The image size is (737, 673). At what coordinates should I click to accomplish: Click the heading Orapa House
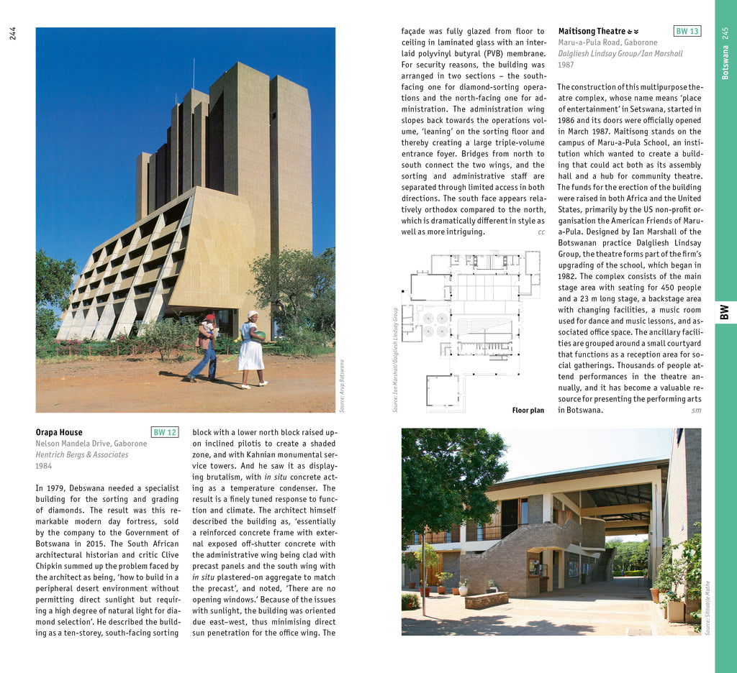click(x=59, y=432)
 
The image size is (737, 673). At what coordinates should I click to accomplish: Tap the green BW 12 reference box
click(x=165, y=432)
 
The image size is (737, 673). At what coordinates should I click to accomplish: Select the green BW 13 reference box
click(x=687, y=31)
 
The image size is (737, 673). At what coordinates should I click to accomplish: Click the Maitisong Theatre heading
click(x=592, y=32)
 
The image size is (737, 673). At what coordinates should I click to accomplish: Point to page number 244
click(x=13, y=33)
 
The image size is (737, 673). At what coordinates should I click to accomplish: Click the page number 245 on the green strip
click(x=725, y=33)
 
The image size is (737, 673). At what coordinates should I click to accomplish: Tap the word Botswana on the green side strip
click(x=725, y=63)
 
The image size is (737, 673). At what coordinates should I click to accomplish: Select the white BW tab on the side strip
click(x=725, y=312)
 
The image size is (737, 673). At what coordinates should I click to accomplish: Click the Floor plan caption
click(x=528, y=411)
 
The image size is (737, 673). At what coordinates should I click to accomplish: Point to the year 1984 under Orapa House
click(x=44, y=466)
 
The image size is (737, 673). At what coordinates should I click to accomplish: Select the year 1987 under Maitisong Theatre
click(x=566, y=65)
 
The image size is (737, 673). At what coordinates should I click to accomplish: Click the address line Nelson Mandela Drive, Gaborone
click(x=91, y=444)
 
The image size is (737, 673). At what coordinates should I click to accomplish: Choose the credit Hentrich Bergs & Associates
click(x=82, y=454)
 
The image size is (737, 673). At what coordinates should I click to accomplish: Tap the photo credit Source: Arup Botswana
click(x=342, y=385)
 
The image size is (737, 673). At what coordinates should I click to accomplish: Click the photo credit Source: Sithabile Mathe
click(x=707, y=608)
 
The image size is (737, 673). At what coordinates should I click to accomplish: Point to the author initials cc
click(x=541, y=232)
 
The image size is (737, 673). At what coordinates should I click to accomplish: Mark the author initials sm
click(x=696, y=411)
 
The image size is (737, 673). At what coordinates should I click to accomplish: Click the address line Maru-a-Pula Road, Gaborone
click(x=607, y=42)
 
